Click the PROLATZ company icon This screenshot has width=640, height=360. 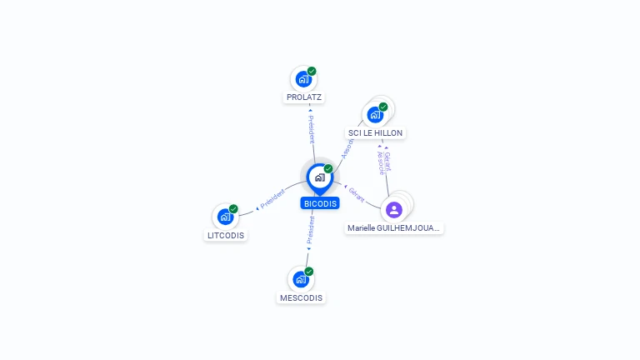point(303,80)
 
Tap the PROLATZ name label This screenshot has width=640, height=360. point(304,97)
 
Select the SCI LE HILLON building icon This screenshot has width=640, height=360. point(375,114)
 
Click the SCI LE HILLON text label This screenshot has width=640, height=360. point(375,133)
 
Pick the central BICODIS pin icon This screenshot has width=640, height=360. point(319,177)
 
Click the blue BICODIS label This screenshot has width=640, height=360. point(320,203)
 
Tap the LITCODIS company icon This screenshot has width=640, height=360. point(225,217)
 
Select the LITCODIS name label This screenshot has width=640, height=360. point(227,235)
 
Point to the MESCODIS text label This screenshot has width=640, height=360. point(301,297)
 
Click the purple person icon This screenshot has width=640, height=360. point(394,209)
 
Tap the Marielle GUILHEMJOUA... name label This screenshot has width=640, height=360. point(394,227)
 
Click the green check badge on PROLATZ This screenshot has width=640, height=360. point(312,72)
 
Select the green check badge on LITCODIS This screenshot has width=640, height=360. point(233,209)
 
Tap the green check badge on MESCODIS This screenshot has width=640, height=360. point(309,272)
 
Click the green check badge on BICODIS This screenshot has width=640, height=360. point(328,169)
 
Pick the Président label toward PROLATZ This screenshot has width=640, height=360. point(311,129)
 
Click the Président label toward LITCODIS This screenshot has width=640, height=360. point(272,199)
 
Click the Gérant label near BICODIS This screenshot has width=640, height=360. point(357,194)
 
